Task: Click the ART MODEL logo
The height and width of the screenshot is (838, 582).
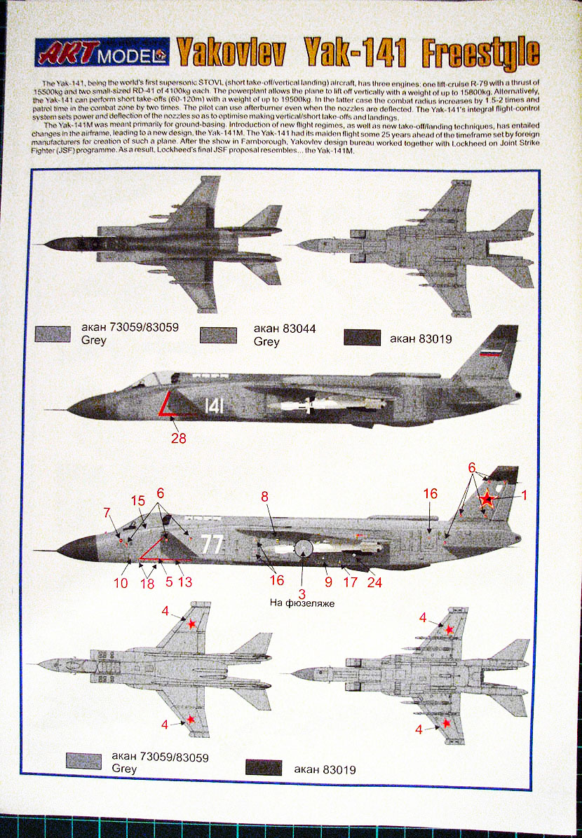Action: (102, 52)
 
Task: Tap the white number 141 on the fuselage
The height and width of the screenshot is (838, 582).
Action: (215, 406)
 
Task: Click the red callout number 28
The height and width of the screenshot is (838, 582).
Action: (180, 439)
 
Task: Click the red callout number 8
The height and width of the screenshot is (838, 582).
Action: (264, 496)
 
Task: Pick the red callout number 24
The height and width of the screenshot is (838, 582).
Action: (374, 582)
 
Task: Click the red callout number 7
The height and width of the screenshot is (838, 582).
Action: (107, 512)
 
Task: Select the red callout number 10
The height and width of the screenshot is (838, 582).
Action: (121, 582)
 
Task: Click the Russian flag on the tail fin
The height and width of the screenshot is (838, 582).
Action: (491, 351)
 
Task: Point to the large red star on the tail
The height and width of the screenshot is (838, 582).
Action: (487, 500)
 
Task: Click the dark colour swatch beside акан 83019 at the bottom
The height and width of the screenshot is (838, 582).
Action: (264, 768)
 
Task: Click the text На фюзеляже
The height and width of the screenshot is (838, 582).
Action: (302, 603)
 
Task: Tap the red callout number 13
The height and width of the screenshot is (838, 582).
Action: (184, 582)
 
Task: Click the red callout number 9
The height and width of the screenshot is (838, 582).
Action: (327, 581)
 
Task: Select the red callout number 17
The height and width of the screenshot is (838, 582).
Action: (349, 581)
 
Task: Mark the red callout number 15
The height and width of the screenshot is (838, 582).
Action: (138, 501)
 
